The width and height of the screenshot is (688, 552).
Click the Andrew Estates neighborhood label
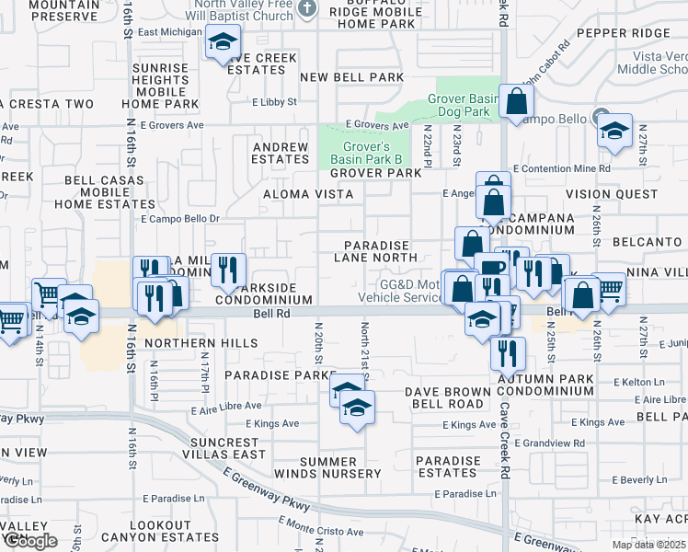(x=281, y=153)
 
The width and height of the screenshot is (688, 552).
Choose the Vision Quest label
(x=612, y=194)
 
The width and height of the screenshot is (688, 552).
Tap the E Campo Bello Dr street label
(x=180, y=219)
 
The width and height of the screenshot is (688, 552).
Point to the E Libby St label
(x=273, y=102)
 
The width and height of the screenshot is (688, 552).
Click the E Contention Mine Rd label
(x=562, y=169)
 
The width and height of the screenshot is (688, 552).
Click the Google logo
(x=30, y=541)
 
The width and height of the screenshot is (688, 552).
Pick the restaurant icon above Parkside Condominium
(x=228, y=269)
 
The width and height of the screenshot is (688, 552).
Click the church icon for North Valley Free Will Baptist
(x=309, y=9)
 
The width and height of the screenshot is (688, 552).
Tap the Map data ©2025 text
(x=648, y=545)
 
